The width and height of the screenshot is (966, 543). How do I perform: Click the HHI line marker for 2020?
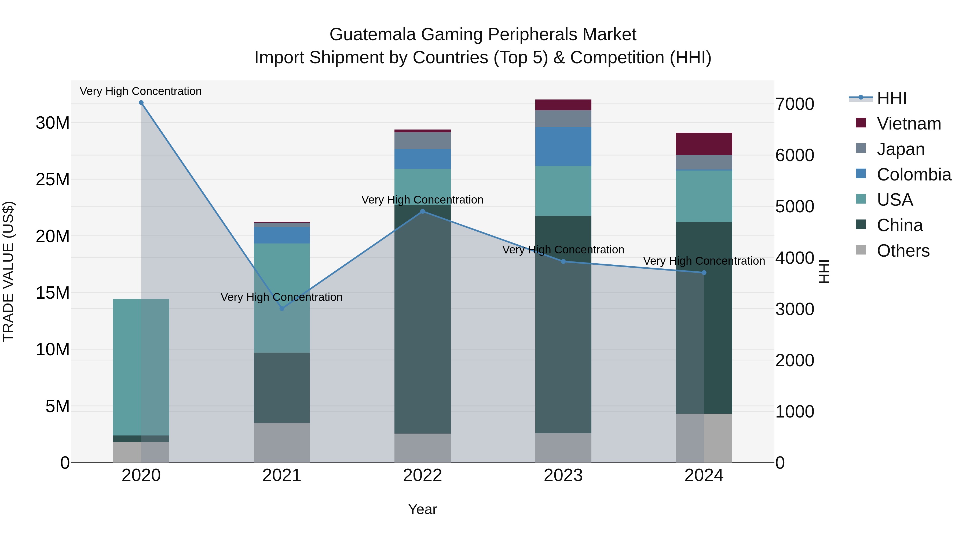click(x=141, y=103)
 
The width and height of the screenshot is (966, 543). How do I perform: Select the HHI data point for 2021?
click(x=282, y=308)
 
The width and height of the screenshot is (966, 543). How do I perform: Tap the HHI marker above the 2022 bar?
click(x=423, y=211)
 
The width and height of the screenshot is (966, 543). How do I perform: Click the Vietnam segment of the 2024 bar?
click(x=704, y=144)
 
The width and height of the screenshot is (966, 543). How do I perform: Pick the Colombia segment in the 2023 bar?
click(x=563, y=146)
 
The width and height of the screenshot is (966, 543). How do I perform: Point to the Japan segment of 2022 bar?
click(x=422, y=141)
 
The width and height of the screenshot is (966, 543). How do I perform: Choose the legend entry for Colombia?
click(x=913, y=175)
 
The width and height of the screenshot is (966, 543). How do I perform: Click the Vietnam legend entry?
click(x=908, y=124)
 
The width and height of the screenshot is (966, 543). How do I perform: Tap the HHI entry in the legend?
click(x=891, y=98)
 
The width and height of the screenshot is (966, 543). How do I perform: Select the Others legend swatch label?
click(x=903, y=251)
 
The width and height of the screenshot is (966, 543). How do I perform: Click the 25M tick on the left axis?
click(x=53, y=179)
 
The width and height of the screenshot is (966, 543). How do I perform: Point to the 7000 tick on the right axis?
click(x=795, y=104)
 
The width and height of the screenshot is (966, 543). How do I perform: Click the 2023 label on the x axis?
click(x=563, y=475)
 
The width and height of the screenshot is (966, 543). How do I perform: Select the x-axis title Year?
click(x=422, y=509)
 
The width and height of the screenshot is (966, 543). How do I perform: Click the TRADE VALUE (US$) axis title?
click(x=8, y=271)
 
